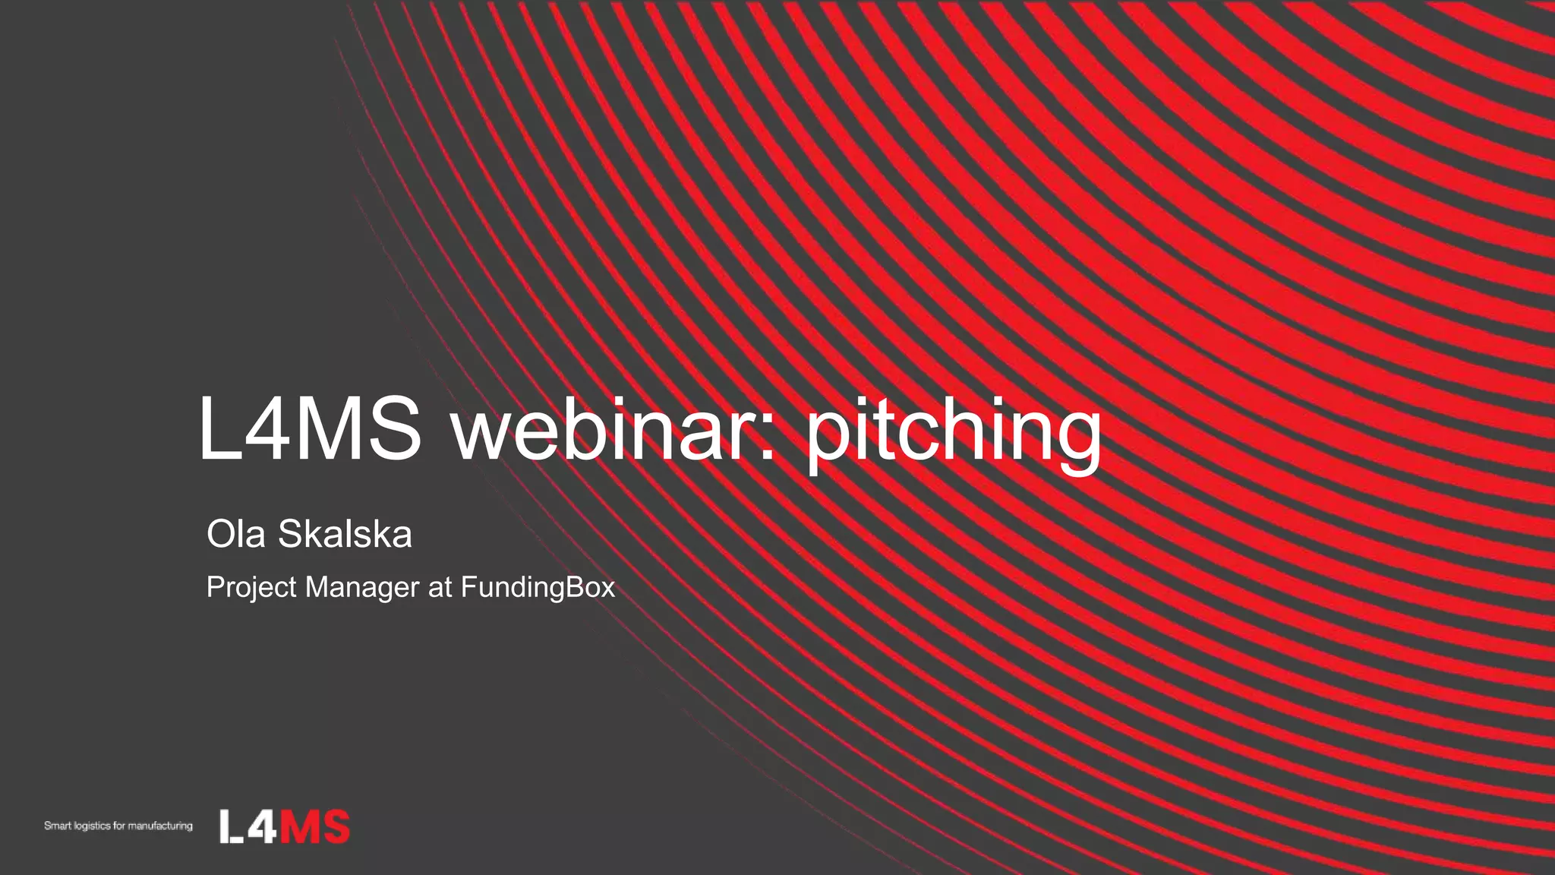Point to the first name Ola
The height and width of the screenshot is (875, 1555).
235,534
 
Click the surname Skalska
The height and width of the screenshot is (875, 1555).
345,534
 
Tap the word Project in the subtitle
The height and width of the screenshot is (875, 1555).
251,588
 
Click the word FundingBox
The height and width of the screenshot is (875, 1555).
538,587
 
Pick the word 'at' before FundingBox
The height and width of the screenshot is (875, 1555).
440,588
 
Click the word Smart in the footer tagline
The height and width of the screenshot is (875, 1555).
57,826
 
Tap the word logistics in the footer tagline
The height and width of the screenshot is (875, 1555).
92,826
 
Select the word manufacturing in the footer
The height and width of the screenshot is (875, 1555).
160,826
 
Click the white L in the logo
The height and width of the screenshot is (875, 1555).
230,826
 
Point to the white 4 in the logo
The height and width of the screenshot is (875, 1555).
262,826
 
